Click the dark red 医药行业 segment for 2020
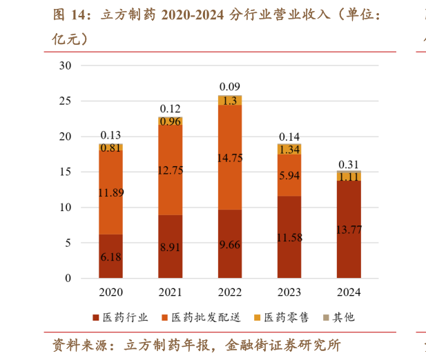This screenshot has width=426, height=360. [x=110, y=256]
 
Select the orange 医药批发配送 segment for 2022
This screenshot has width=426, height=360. [x=230, y=157]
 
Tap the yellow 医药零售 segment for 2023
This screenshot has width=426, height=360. [x=289, y=149]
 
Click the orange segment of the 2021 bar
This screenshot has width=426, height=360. [x=170, y=171]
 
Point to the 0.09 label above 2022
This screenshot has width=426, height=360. [x=230, y=87]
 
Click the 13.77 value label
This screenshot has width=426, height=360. [x=349, y=230]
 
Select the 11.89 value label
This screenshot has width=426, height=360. [x=110, y=192]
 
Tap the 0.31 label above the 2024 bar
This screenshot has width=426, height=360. [x=349, y=164]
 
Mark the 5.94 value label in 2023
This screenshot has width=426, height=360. [x=289, y=175]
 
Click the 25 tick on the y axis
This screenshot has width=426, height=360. [x=66, y=101]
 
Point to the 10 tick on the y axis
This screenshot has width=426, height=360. [x=66, y=208]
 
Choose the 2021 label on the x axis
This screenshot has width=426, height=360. [x=170, y=292]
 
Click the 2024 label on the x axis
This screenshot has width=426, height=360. [x=349, y=292]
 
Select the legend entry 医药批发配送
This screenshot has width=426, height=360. [x=195, y=318]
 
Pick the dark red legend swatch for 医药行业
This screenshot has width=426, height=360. [x=97, y=318]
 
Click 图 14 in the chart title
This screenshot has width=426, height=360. [x=66, y=14]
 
